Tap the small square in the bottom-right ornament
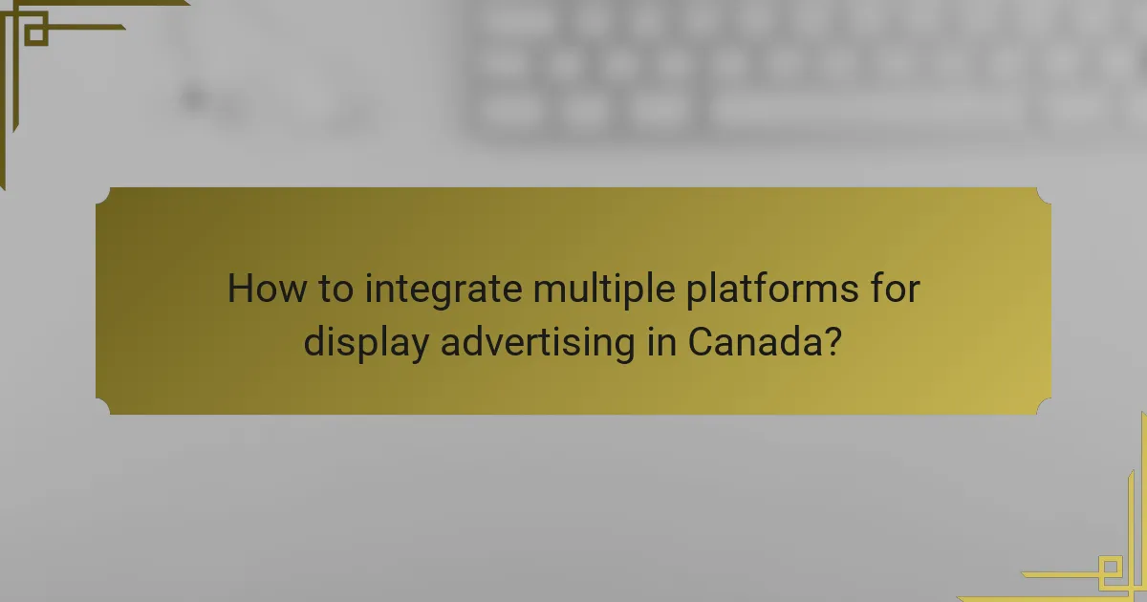click(1112, 570)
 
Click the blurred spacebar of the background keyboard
click(865, 110)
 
